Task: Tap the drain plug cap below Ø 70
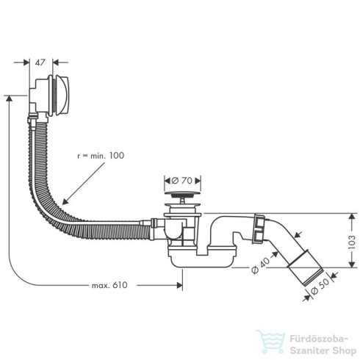(179, 195)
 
